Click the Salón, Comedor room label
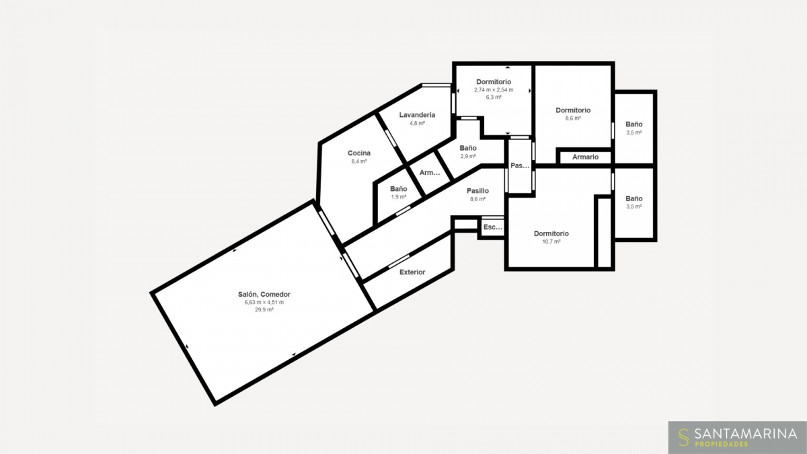(264, 295)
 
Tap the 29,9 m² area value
(264, 309)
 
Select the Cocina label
(359, 153)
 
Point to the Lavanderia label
(417, 115)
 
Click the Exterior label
(412, 272)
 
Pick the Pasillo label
(477, 191)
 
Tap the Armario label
(586, 157)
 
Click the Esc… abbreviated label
(493, 227)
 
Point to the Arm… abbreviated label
(430, 173)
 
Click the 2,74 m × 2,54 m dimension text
(494, 90)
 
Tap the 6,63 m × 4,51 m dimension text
(264, 302)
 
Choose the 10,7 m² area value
(551, 241)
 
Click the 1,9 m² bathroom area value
(399, 197)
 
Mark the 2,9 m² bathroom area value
(468, 156)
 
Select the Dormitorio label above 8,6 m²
(573, 110)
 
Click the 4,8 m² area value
(417, 123)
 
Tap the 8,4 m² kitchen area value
(359, 161)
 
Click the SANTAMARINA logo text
(746, 433)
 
